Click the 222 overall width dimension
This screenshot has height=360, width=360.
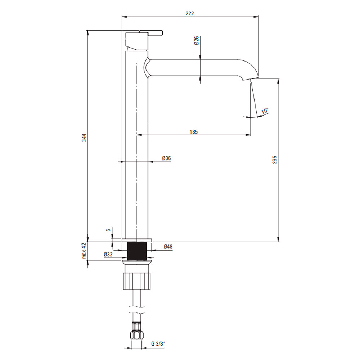coord(190,14)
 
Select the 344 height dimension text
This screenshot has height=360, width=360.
coord(85,138)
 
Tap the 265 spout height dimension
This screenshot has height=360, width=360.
coord(275,159)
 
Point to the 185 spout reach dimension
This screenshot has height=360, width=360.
coord(194,132)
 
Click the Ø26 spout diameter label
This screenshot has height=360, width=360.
coord(197,40)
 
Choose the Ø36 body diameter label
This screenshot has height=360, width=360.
coord(166,158)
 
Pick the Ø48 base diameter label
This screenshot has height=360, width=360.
coord(168,247)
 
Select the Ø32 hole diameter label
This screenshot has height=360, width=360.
coord(108,255)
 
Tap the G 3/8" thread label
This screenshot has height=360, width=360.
coord(158,344)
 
